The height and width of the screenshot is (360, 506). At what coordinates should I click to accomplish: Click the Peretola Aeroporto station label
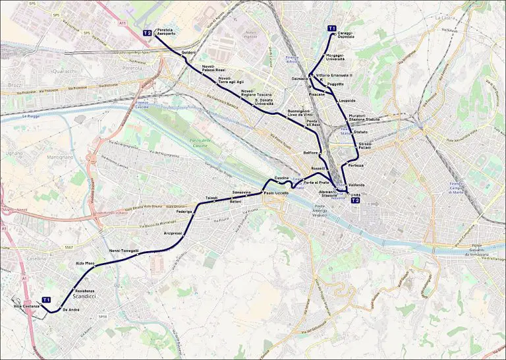165,32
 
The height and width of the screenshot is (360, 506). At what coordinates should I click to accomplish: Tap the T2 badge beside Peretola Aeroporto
148,32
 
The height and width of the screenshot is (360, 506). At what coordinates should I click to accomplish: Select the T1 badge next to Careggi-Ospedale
332,28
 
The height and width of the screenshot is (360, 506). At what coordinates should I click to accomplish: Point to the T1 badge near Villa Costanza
47,300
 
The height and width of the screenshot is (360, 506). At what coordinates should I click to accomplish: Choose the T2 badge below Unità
355,200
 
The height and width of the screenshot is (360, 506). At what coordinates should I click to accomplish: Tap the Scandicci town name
86,297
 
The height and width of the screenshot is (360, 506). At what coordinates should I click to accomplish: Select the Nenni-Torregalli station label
125,251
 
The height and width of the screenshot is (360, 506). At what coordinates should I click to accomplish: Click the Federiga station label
184,212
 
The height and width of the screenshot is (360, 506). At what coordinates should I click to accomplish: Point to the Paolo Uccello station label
276,193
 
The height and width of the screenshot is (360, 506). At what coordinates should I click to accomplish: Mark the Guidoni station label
188,52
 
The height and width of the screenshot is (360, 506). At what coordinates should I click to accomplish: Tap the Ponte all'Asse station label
314,123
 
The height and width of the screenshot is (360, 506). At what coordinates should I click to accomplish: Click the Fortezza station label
356,164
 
